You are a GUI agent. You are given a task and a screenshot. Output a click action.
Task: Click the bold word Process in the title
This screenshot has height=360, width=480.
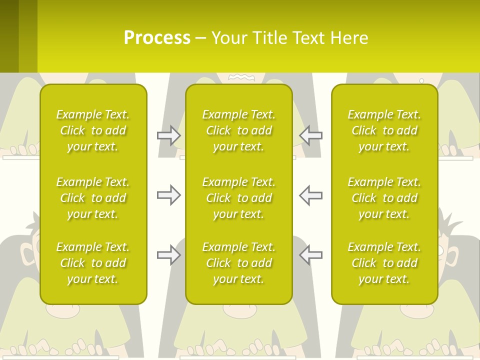tap(157, 38)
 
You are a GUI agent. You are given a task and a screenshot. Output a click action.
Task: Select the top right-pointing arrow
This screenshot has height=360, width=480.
tap(169, 135)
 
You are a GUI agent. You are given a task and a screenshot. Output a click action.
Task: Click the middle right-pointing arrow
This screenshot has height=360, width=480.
tap(169, 195)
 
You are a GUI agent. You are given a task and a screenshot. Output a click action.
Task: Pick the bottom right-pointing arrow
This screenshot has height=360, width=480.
tap(169, 255)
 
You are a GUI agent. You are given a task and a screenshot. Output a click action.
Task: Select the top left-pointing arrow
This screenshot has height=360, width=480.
tap(310, 135)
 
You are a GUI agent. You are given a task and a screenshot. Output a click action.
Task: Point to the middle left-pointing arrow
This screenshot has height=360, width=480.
tap(310, 195)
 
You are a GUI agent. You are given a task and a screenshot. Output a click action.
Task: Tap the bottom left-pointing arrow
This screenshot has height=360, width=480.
tap(310, 255)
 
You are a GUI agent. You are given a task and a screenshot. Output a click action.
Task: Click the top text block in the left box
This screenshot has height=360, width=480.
tap(93, 130)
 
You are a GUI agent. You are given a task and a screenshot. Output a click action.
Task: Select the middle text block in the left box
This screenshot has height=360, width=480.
tap(93, 198)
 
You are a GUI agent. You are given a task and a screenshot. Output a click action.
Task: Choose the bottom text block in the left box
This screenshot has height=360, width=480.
tap(93, 263)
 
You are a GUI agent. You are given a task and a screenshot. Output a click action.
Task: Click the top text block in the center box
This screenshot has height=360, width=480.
tap(239, 130)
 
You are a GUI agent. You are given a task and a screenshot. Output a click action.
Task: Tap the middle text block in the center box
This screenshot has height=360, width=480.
tap(239, 198)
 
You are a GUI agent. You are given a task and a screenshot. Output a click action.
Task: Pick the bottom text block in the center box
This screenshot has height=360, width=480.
tap(239, 263)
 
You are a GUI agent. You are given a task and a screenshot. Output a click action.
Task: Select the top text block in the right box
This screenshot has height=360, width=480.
tap(384, 130)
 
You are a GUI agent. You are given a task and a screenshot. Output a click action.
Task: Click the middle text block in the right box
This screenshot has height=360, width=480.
tap(384, 198)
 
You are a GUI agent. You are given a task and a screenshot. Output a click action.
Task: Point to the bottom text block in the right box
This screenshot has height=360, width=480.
tap(384, 263)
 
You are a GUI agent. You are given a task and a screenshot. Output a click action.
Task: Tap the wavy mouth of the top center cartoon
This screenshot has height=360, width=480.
tap(242, 77)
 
